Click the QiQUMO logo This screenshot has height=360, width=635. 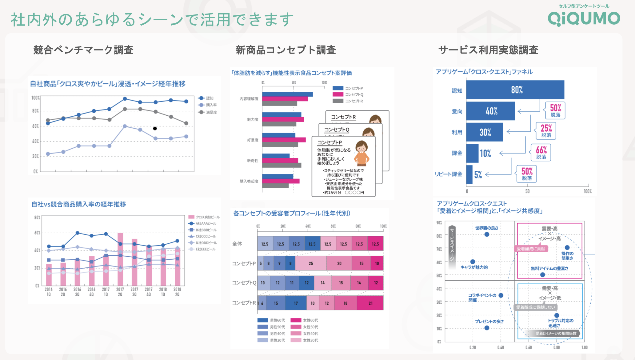(x=584, y=18)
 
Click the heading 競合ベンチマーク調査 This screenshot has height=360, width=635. (x=83, y=50)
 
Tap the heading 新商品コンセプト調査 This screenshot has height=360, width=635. (x=286, y=50)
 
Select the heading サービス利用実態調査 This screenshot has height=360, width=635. (x=488, y=50)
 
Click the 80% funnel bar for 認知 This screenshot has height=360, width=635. (x=515, y=90)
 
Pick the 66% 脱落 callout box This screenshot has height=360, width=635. (x=541, y=153)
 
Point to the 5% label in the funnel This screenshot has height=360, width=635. (x=478, y=175)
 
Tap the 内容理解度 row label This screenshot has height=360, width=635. (x=249, y=99)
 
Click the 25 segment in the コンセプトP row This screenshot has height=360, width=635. (x=311, y=263)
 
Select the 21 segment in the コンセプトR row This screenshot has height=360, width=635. (x=370, y=303)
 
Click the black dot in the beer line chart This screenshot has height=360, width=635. (x=155, y=129)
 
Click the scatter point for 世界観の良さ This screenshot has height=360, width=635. (x=487, y=234)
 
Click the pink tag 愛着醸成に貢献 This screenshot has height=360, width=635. (x=531, y=249)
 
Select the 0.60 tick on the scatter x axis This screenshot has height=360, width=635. (x=529, y=347)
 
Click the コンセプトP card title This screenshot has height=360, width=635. (x=329, y=142)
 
